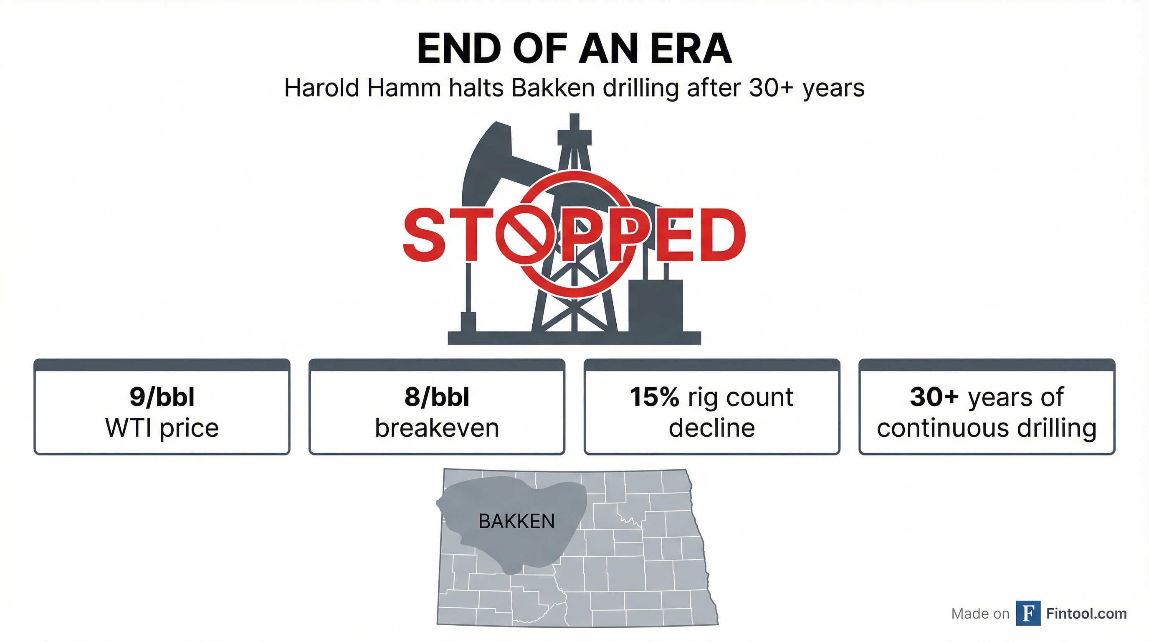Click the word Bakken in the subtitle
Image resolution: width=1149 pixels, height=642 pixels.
click(x=553, y=88)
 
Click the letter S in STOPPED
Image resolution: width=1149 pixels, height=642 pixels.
click(x=425, y=234)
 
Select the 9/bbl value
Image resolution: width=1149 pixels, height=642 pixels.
click(x=162, y=397)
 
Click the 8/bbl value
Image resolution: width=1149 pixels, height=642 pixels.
click(x=437, y=397)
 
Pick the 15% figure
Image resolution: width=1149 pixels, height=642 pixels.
click(x=654, y=397)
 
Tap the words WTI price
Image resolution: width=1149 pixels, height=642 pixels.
click(x=162, y=428)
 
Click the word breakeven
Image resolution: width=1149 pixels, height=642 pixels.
click(x=437, y=428)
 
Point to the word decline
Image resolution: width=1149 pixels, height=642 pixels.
click(x=712, y=428)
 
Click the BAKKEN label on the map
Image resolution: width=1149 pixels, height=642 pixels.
click(x=516, y=522)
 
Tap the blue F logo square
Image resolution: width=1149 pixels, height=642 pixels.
click(x=1028, y=613)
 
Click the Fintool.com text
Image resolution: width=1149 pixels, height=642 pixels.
click(x=1086, y=614)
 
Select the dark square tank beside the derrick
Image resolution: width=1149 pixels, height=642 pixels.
click(x=655, y=306)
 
